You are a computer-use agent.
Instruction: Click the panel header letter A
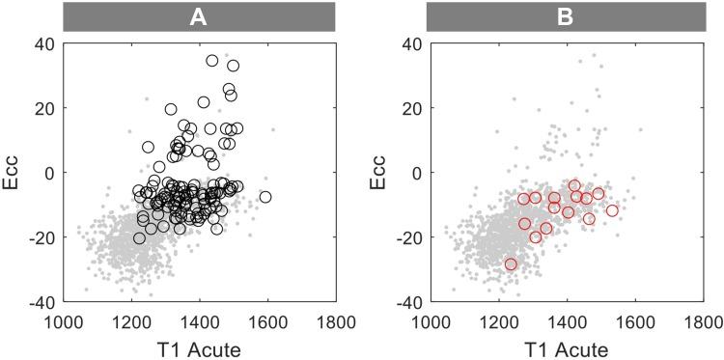pyautogui.click(x=200, y=15)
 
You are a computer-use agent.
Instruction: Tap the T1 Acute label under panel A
pyautogui.click(x=200, y=346)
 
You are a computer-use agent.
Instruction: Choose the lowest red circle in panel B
pyautogui.click(x=511, y=263)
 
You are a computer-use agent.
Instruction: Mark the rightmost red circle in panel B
pyautogui.click(x=611, y=210)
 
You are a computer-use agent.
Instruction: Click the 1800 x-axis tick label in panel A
pyautogui.click(x=334, y=319)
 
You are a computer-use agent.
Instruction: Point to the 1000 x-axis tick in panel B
pyautogui.click(x=430, y=319)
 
